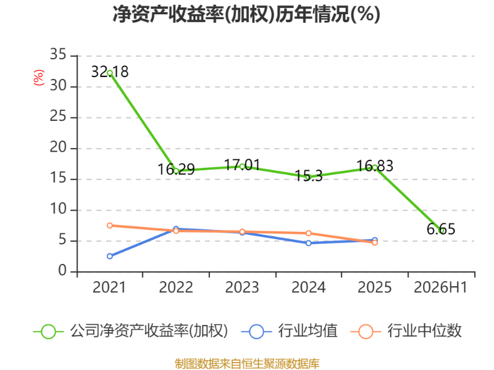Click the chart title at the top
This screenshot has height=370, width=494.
coord(246,14)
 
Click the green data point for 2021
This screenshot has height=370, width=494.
coord(110,73)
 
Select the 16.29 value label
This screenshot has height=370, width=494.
coord(176,170)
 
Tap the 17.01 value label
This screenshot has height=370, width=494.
coord(242,165)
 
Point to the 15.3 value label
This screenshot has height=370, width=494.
coord(308,176)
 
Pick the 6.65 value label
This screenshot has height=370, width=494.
coord(441,229)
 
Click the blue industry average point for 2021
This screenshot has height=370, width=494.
coord(110,256)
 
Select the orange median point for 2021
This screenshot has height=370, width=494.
coord(110,225)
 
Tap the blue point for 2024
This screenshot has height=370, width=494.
coord(308,243)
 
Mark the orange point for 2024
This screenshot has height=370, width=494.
coord(308,233)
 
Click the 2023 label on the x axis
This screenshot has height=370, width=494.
coord(242,287)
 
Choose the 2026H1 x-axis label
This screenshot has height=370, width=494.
coord(440,287)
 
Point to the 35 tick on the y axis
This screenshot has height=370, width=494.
coord(58,54)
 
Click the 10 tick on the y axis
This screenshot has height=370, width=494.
coord(58,209)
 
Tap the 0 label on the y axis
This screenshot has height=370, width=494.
coord(62,271)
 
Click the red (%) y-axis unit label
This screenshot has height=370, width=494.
coord(38,78)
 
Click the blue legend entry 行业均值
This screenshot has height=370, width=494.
coord(289,331)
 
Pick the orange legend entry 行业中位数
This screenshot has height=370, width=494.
coord(406,331)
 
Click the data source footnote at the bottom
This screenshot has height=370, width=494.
coord(247,364)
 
